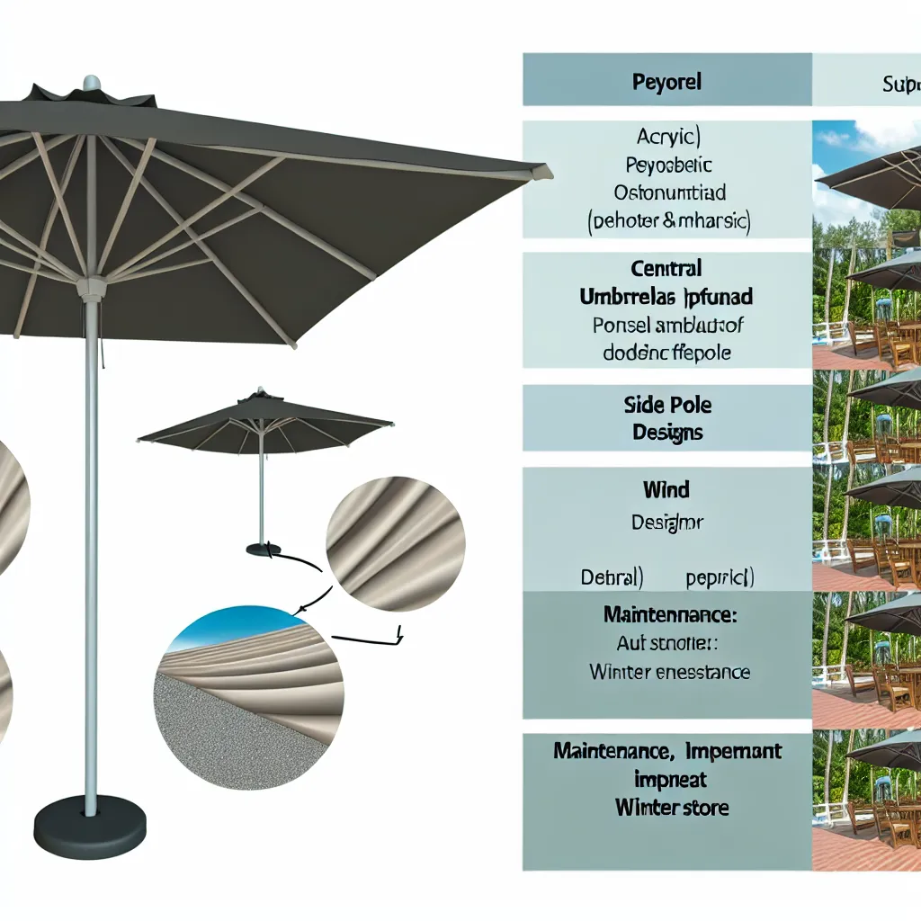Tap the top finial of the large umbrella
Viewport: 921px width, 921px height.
[x=92, y=83]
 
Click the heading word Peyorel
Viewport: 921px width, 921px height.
[x=666, y=82]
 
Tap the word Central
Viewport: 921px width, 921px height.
[x=666, y=268]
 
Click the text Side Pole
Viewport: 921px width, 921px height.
[x=666, y=405]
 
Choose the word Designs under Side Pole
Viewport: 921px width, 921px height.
[x=666, y=433]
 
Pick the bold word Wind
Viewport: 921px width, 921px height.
[x=666, y=490]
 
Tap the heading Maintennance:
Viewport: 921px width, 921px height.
[x=666, y=617]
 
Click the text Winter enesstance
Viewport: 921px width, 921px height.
[x=669, y=671]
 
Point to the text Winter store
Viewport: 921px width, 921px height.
[x=671, y=807]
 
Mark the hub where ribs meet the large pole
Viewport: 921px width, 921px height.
[x=90, y=289]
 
